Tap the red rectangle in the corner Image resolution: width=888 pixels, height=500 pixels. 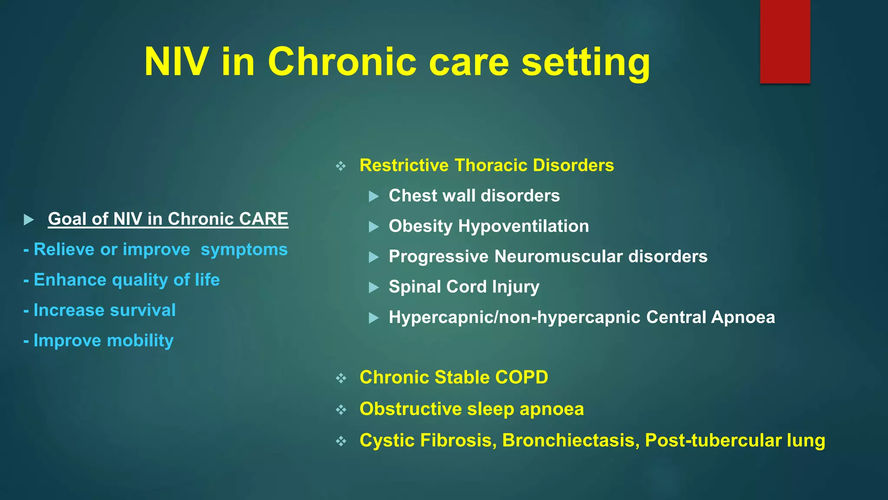(785, 41)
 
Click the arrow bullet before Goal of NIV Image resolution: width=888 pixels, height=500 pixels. (29, 220)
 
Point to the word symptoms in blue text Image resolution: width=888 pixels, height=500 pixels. (244, 250)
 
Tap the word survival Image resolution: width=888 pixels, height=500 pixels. (143, 310)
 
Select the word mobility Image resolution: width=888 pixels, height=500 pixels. (140, 341)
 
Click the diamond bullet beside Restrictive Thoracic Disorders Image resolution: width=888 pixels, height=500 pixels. (341, 166)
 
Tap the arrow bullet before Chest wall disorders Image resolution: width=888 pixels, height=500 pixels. (374, 197)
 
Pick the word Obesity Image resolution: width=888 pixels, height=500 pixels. (421, 226)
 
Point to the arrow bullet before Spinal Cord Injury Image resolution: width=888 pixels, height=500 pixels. (374, 287)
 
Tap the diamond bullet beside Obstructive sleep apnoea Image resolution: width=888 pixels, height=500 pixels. (341, 410)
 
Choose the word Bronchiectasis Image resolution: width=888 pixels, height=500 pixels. (571, 441)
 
